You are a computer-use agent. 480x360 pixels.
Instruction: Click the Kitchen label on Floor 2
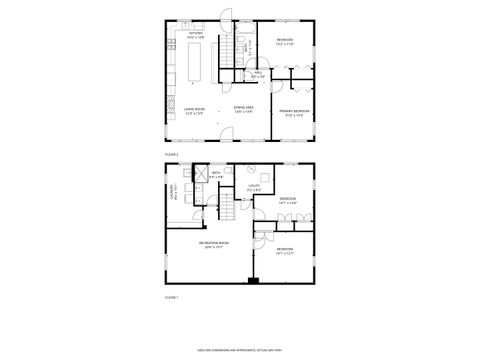197,35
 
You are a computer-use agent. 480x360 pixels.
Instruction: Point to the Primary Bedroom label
294,112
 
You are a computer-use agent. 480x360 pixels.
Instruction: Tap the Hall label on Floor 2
258,73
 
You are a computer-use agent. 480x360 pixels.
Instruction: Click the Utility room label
255,186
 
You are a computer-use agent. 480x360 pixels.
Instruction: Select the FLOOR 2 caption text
171,155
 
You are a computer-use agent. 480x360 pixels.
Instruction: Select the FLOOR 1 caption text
171,297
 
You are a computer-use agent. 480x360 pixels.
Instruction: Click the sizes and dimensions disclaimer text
240,349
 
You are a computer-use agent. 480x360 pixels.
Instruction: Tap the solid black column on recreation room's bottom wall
253,281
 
